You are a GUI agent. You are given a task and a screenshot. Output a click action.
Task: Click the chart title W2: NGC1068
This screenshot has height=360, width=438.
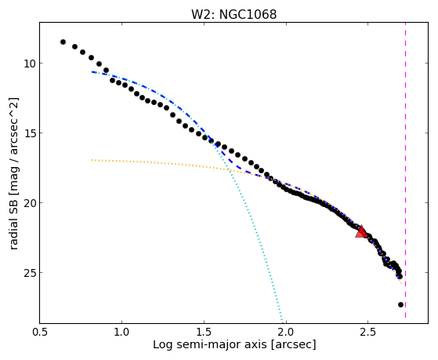tap(233, 15)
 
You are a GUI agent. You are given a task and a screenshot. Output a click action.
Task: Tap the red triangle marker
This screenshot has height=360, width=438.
tap(361, 232)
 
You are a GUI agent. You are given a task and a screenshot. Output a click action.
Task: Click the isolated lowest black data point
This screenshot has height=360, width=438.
tap(400, 304)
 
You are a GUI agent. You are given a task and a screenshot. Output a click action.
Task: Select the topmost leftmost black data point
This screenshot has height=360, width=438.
tap(63, 42)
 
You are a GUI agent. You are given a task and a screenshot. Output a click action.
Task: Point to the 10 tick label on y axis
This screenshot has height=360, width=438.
tap(30, 64)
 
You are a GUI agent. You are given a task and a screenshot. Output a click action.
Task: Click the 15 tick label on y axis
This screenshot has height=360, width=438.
tap(30, 133)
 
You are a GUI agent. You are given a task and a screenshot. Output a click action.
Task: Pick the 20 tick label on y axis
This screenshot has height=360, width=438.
tap(30, 202)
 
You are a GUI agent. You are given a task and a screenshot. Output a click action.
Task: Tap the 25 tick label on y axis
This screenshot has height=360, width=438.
tap(30, 272)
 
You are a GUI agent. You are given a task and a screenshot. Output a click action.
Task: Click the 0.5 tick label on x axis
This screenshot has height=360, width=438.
tap(40, 332)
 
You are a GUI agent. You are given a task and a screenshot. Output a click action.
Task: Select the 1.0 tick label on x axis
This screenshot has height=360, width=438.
tap(121, 332)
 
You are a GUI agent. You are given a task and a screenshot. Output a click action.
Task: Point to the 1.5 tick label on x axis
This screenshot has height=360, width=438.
tap(204, 332)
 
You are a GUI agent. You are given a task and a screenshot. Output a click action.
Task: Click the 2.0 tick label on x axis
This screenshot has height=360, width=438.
tap(286, 332)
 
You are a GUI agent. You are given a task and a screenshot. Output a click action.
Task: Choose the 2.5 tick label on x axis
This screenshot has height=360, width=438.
tap(368, 332)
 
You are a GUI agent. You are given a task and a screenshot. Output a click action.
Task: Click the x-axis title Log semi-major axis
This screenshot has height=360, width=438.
tap(210, 344)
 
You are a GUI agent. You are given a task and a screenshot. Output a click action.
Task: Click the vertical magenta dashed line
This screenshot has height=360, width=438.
tap(405, 170)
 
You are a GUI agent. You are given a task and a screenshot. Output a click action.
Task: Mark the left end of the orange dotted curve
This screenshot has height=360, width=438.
tap(92, 160)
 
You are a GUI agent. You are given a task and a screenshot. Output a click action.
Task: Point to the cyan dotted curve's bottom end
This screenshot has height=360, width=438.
tap(282, 322)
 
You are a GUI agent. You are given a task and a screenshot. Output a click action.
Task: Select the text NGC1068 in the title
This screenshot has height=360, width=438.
tap(248, 15)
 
